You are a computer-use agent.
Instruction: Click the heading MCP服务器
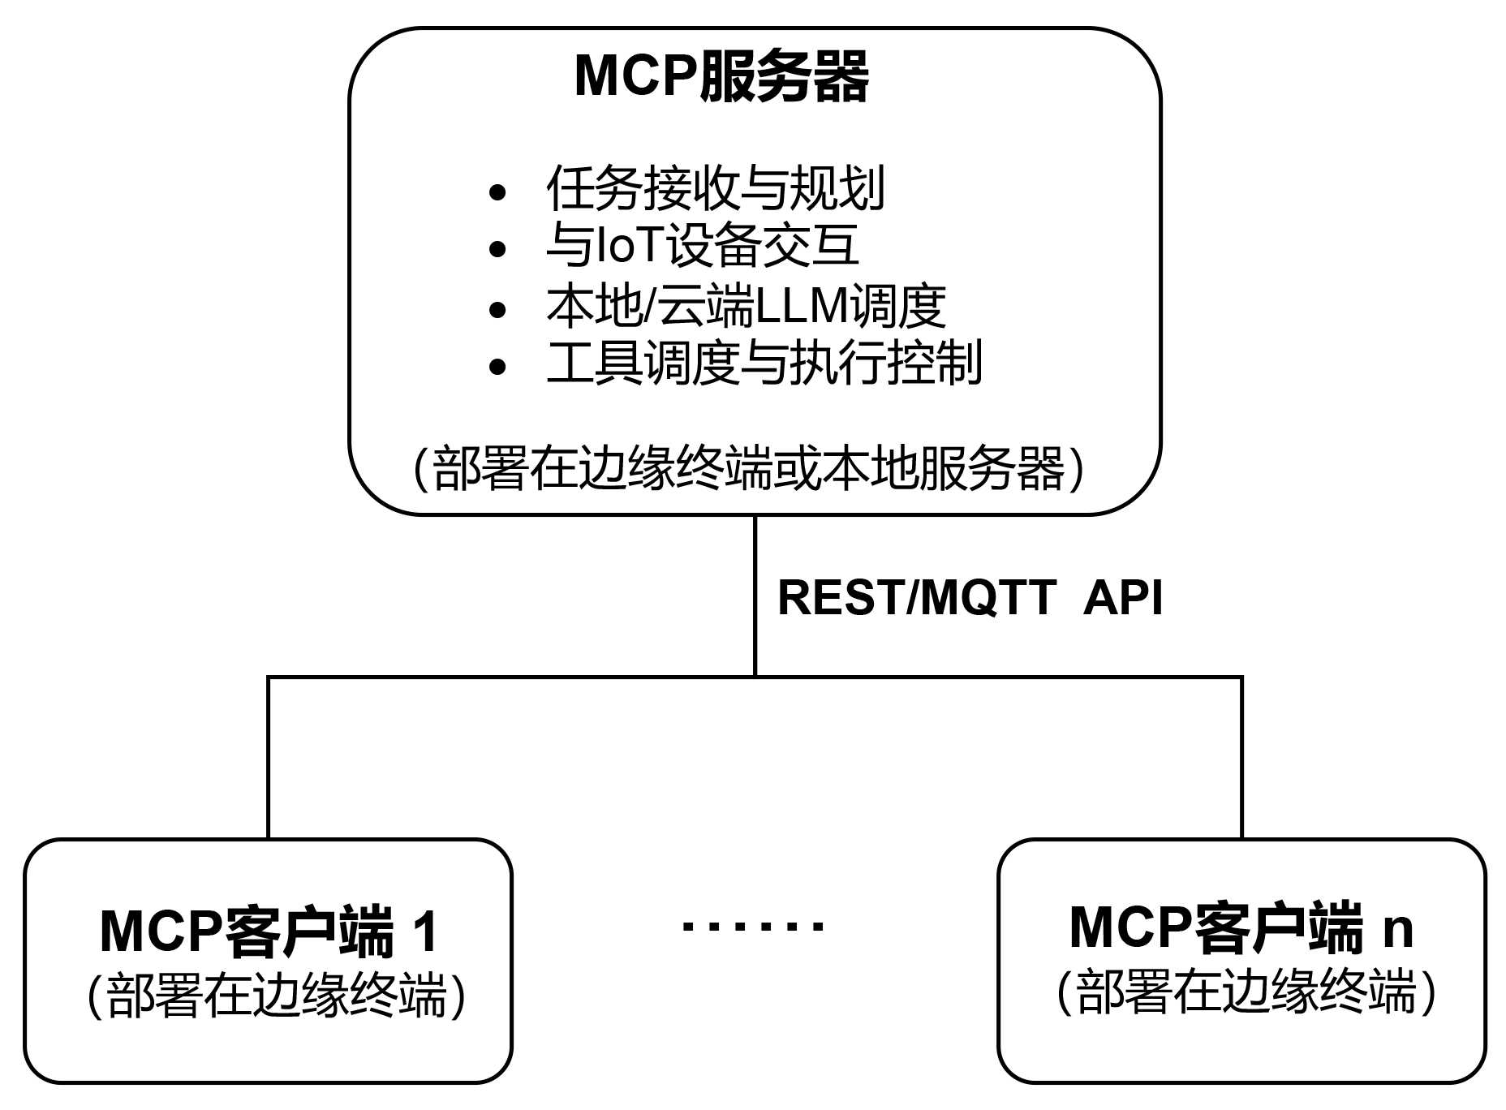721,76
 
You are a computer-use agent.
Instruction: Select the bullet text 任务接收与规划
716,188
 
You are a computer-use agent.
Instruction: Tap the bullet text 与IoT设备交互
703,245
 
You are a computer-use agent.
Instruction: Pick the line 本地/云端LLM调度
747,306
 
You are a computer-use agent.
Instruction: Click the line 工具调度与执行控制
764,363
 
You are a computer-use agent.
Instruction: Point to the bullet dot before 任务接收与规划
497,193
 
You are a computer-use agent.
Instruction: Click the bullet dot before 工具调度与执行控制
497,367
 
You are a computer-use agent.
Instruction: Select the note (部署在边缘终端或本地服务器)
748,469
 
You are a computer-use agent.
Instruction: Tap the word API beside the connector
1123,598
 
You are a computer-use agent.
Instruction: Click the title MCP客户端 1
269,931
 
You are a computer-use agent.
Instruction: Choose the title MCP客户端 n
1241,927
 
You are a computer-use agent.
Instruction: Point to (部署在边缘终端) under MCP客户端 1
276,995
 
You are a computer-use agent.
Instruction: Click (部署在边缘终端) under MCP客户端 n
1246,992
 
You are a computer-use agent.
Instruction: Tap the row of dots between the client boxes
753,925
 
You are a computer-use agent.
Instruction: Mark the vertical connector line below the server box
755,596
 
